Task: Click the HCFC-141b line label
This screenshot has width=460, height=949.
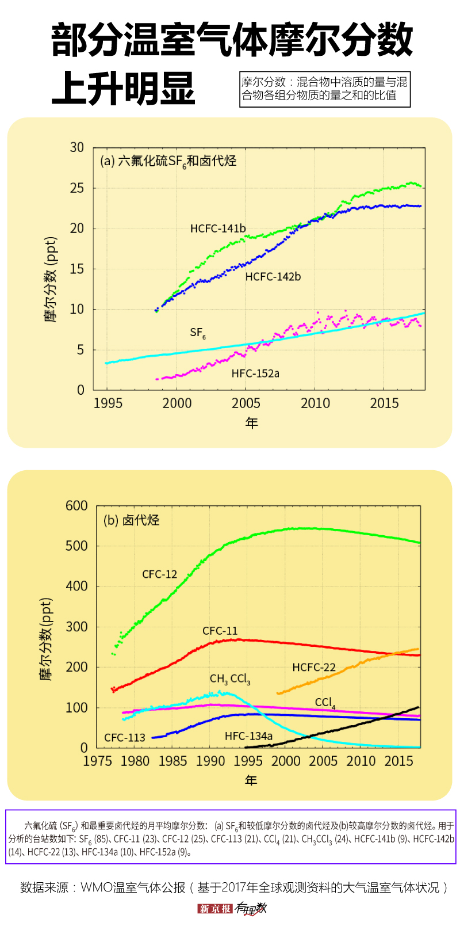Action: coord(218,228)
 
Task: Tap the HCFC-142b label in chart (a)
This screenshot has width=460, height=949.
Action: coord(273,277)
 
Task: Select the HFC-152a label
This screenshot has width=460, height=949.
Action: coord(255,373)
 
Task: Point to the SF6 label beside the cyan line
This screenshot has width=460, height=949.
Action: coord(197,333)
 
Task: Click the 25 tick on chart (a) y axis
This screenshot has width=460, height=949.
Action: coord(77,188)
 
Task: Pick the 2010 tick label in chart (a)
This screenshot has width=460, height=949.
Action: coord(315,403)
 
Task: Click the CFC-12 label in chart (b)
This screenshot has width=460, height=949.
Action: coord(160,574)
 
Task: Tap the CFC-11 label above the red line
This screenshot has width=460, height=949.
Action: coord(220,631)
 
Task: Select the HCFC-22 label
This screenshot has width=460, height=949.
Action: coord(314,668)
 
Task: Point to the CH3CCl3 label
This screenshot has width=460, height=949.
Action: coord(230,680)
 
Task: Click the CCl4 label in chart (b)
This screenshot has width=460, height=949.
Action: coord(325,703)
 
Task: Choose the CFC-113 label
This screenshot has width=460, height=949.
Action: coord(125,738)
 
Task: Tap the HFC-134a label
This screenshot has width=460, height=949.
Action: coord(248,736)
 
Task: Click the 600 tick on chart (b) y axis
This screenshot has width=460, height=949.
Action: coord(76,506)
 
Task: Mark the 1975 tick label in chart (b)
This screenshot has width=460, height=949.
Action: coord(98,761)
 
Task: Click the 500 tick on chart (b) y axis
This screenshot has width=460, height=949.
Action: coord(76,546)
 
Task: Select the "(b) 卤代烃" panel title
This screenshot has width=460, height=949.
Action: coord(131,520)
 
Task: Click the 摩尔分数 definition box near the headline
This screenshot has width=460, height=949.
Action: coord(325,89)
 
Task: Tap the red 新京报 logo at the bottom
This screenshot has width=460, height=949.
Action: coord(214,909)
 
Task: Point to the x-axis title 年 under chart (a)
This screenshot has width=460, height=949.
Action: coord(252,423)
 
